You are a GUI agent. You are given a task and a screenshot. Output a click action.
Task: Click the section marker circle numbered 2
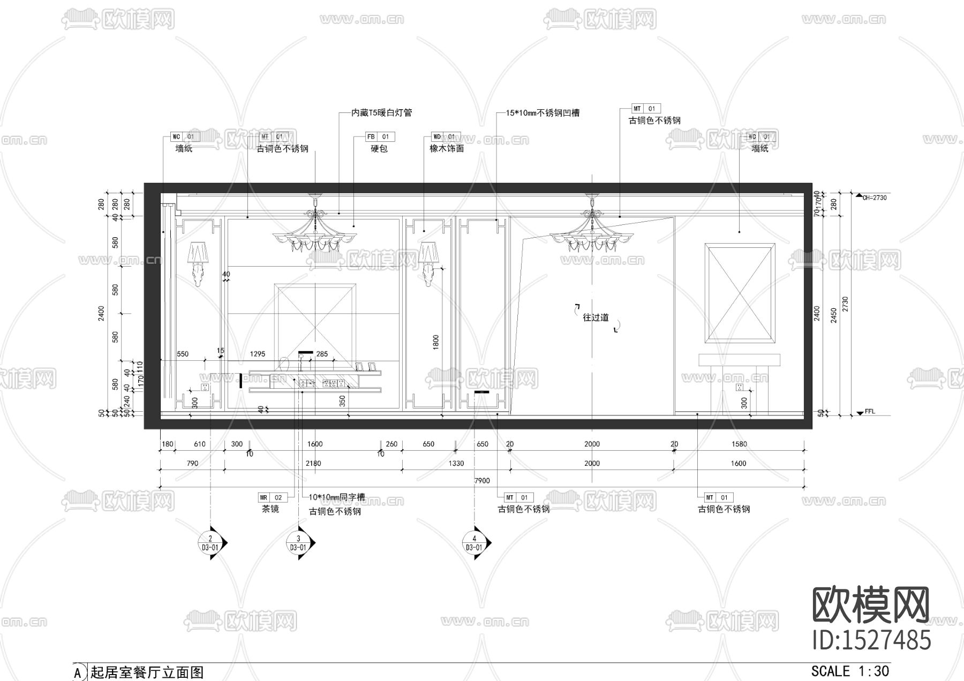210,543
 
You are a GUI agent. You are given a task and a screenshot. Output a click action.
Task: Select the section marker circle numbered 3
298,543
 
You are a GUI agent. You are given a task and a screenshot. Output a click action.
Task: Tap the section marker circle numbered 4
473,543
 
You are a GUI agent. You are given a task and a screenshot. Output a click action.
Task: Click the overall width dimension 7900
482,481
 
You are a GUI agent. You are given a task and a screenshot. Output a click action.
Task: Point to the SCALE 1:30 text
850,671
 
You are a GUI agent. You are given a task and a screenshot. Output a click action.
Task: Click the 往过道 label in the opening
596,317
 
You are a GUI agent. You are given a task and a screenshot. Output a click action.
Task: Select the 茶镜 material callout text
270,509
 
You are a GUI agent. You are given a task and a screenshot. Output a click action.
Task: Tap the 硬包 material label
379,149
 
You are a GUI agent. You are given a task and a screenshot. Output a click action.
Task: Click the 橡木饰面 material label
447,149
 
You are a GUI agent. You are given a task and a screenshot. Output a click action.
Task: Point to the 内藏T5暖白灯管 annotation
381,113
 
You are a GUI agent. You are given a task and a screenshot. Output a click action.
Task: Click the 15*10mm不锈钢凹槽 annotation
543,113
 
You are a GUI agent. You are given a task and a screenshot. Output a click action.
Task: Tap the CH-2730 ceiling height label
874,198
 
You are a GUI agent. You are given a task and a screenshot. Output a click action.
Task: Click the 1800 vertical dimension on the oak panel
436,343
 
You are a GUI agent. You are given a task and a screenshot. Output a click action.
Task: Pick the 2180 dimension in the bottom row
313,464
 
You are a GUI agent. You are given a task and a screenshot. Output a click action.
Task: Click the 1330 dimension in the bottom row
456,464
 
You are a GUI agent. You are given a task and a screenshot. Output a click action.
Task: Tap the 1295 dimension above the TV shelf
258,354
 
